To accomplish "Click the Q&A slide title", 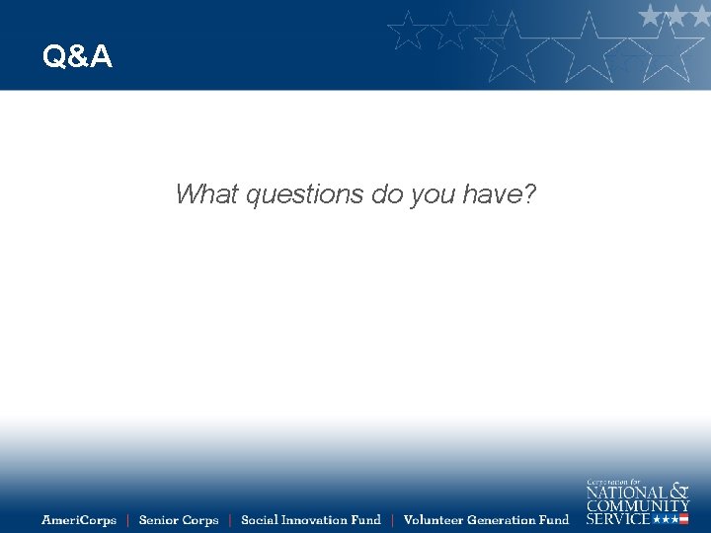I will [77, 57].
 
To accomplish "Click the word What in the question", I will [205, 194].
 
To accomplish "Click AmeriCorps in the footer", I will [79, 520].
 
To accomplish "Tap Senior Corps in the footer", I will [179, 520].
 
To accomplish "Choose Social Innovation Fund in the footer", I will [310, 520].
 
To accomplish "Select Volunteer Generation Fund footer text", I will [486, 520].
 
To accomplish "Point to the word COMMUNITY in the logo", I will [638, 505].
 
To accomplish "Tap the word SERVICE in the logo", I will [618, 518].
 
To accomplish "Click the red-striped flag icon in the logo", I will [682, 518].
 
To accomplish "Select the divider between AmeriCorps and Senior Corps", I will [127, 520].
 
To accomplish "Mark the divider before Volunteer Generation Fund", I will [392, 520].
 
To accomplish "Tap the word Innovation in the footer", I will [315, 520].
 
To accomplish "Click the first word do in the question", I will [386, 194].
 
